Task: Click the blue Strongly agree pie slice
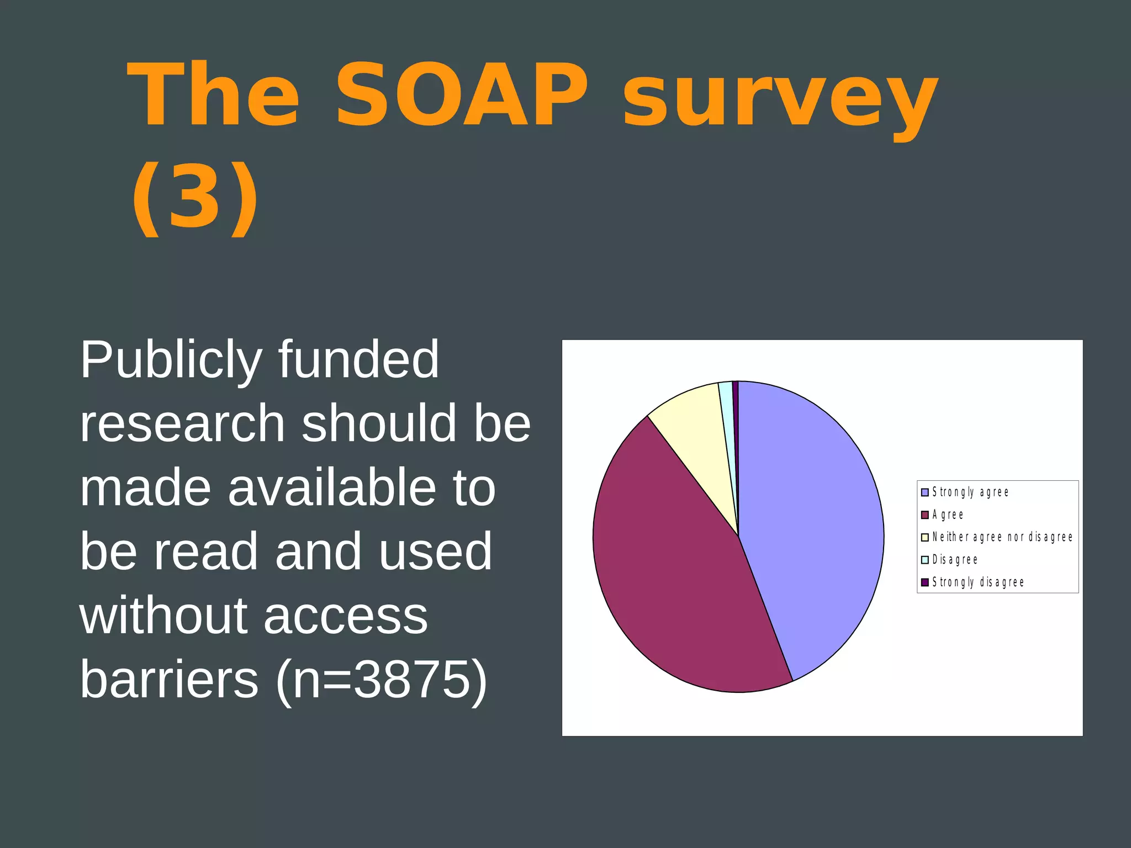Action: pyautogui.click(x=812, y=524)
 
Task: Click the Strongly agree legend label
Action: pyautogui.click(x=970, y=492)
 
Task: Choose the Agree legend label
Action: pyautogui.click(x=948, y=515)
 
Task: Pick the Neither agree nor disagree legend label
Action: pyautogui.click(x=1002, y=537)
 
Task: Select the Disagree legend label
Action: pyautogui.click(x=955, y=560)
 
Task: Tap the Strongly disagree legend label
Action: pyautogui.click(x=978, y=582)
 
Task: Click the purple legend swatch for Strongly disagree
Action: pyautogui.click(x=925, y=582)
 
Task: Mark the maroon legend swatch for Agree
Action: pyautogui.click(x=925, y=515)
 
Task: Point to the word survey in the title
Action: pyautogui.click(x=780, y=99)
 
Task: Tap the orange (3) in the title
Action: pyautogui.click(x=195, y=198)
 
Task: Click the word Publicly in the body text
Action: pyautogui.click(x=171, y=361)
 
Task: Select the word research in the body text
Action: pyautogui.click(x=182, y=424)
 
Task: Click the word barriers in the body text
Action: pyautogui.click(x=169, y=679)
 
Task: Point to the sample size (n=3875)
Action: pyautogui.click(x=382, y=680)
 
